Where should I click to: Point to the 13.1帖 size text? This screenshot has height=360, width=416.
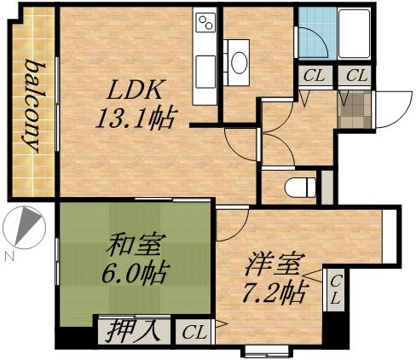(137, 117)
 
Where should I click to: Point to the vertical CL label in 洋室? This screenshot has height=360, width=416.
(336, 291)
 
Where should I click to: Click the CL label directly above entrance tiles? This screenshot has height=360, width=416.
(355, 75)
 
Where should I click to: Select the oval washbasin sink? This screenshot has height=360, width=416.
(240, 61)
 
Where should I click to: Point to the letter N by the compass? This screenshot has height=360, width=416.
(9, 255)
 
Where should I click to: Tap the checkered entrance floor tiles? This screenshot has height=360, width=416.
(354, 107)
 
